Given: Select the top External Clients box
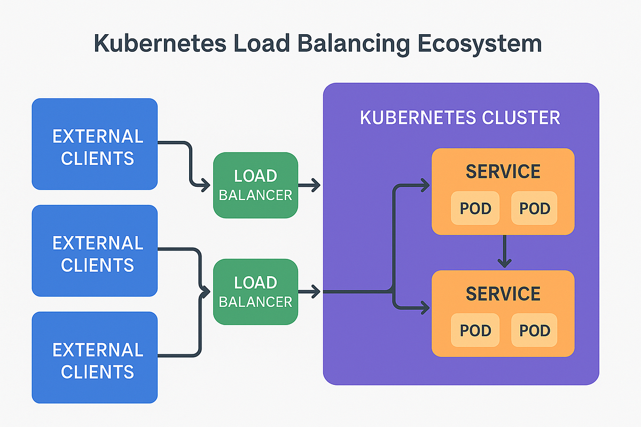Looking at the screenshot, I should (95, 144).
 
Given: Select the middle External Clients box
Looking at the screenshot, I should (95, 251).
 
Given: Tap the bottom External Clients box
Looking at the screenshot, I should (95, 358).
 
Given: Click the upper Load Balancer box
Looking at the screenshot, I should (255, 185).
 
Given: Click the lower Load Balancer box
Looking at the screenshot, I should (255, 292).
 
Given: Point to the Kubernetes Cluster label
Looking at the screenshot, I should (460, 117).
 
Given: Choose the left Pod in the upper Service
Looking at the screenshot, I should (475, 208).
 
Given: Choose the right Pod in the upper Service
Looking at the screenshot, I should (534, 208).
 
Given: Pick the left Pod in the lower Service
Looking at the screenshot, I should (475, 330).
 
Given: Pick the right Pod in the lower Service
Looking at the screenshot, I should (534, 330).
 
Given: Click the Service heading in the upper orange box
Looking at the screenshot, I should (503, 172).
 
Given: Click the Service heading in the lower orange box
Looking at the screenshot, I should (503, 294).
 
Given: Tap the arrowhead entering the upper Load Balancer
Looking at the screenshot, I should (206, 186).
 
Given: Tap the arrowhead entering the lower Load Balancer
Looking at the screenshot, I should (206, 292).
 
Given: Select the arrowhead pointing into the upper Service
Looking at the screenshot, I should (425, 185).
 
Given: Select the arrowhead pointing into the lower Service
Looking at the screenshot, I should (425, 307).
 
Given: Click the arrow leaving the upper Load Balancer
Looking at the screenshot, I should (310, 185).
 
